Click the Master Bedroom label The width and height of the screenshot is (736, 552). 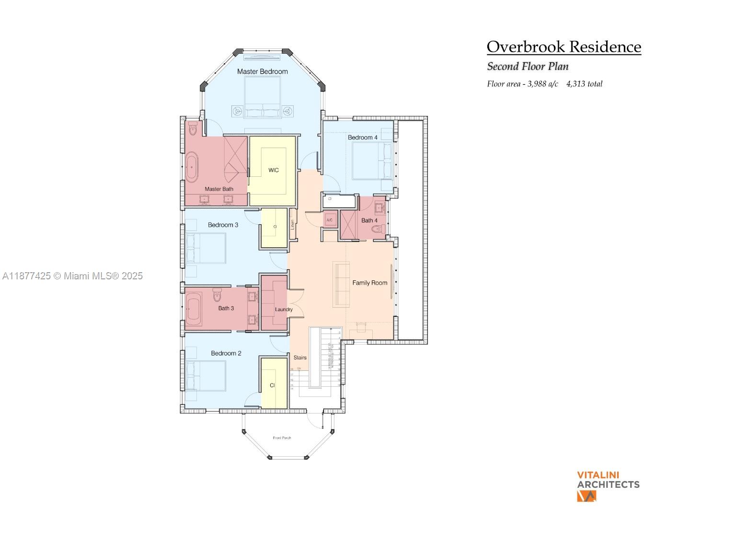(x=263, y=71)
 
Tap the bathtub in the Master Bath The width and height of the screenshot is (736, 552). (x=192, y=167)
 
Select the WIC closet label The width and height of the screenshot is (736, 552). (x=273, y=170)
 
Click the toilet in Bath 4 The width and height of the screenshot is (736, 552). (x=378, y=230)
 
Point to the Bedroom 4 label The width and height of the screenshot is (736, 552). (x=362, y=138)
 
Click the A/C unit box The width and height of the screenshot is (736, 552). (x=330, y=220)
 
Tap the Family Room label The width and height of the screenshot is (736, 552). (x=369, y=283)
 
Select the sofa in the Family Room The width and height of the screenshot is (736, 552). (x=341, y=284)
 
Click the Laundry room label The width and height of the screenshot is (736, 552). (x=284, y=310)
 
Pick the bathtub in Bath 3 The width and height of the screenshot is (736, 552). (x=194, y=310)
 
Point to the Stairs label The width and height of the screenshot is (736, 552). (x=300, y=357)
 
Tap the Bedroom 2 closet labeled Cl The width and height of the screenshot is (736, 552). (x=272, y=385)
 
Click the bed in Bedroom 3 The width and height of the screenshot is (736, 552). (x=207, y=248)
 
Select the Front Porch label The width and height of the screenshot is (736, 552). (x=282, y=438)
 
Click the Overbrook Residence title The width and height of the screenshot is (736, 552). (x=563, y=47)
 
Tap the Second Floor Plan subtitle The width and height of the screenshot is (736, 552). (x=528, y=67)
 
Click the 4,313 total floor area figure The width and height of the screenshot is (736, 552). (x=584, y=84)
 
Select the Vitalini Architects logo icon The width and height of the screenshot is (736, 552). (x=586, y=496)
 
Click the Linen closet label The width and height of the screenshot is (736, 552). (x=292, y=224)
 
